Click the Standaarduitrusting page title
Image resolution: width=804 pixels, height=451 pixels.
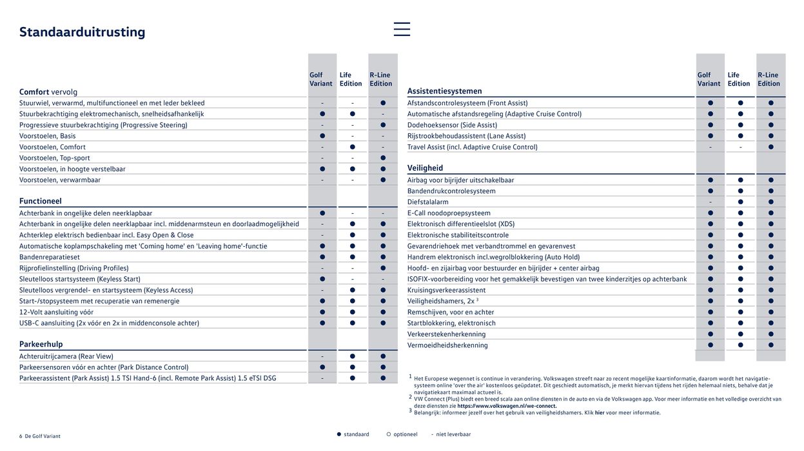pos(82,32)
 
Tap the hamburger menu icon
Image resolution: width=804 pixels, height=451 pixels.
pos(402,29)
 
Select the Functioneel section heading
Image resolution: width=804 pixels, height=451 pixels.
pos(40,201)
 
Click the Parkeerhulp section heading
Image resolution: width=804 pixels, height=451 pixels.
pos(41,344)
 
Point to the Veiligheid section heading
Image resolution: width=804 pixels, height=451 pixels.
pos(425,168)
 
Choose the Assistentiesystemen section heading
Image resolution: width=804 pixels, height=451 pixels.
pos(444,91)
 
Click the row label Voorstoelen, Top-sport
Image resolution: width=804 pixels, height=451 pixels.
pos(55,158)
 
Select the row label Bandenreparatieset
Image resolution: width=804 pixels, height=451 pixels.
pos(49,257)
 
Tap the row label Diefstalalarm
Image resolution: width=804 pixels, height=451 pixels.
pos(427,202)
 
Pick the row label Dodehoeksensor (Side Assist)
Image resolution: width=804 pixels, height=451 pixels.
pos(452,125)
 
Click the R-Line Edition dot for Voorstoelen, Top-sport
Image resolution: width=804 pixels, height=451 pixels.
pos(383,158)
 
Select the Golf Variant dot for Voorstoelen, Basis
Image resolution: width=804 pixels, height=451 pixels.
pos(322,136)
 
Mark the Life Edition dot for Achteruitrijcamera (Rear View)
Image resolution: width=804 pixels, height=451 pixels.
pos(353,356)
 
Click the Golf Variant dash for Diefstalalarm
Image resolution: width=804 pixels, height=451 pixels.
pos(711,202)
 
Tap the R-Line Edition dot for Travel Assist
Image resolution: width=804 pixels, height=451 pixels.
pos(770,147)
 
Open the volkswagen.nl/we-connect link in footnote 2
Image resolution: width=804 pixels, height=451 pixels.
pos(507,406)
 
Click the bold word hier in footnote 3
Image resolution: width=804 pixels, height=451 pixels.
pos(600,413)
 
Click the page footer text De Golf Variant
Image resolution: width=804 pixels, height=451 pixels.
pos(43,436)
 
